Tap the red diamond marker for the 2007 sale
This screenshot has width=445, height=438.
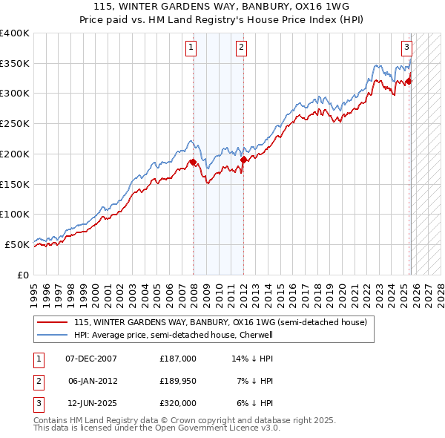click(x=193, y=162)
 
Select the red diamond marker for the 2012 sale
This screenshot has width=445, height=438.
click(x=243, y=159)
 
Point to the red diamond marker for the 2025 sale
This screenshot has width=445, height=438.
click(x=409, y=81)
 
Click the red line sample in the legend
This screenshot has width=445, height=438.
click(x=52, y=323)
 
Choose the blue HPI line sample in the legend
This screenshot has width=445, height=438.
click(x=52, y=335)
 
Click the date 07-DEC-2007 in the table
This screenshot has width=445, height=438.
click(x=90, y=358)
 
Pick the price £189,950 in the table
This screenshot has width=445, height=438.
click(x=177, y=380)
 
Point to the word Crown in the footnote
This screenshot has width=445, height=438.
click(x=154, y=420)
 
